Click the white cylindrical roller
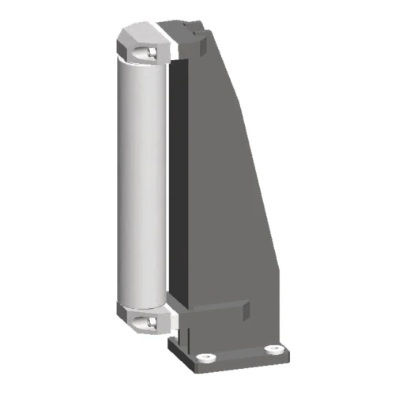142,182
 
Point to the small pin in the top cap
148,51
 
